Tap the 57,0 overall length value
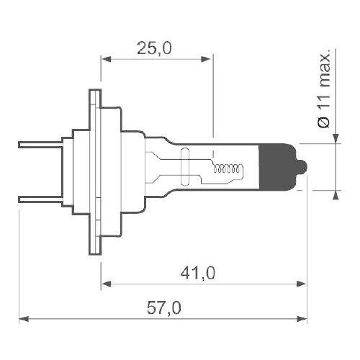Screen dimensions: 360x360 tap(163, 308)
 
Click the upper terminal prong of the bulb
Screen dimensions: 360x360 tap(40, 143)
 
